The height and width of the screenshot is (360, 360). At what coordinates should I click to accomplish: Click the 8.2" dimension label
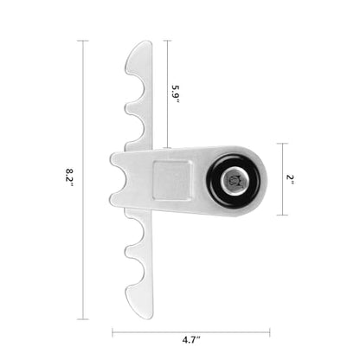coord(69,177)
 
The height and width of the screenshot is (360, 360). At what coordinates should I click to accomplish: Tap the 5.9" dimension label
coord(176,94)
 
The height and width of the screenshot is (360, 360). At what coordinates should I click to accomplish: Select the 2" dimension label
coord(290,177)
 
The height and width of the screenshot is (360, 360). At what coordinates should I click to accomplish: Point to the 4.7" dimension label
coord(191,340)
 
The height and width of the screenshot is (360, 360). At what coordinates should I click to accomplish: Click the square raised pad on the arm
coord(171,180)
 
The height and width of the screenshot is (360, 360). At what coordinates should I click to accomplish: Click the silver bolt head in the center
coord(234,182)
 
